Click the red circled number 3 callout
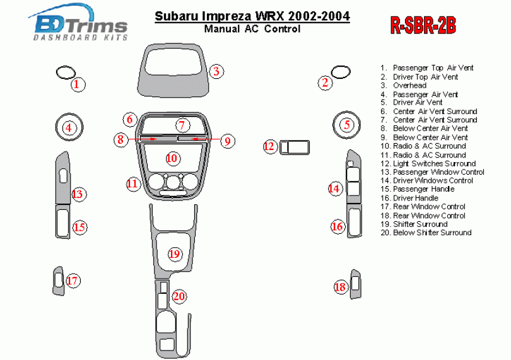[x=216, y=71]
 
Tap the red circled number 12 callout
[x=269, y=147]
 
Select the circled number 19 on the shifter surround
[x=175, y=253]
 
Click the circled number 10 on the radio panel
[x=172, y=158]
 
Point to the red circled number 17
[x=73, y=281]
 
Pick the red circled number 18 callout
[x=340, y=287]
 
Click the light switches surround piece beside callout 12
[x=294, y=147]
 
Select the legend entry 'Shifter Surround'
[x=420, y=224]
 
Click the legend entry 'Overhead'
[x=409, y=85]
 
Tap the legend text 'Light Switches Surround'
[x=434, y=163]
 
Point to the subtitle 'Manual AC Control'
[x=252, y=29]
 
